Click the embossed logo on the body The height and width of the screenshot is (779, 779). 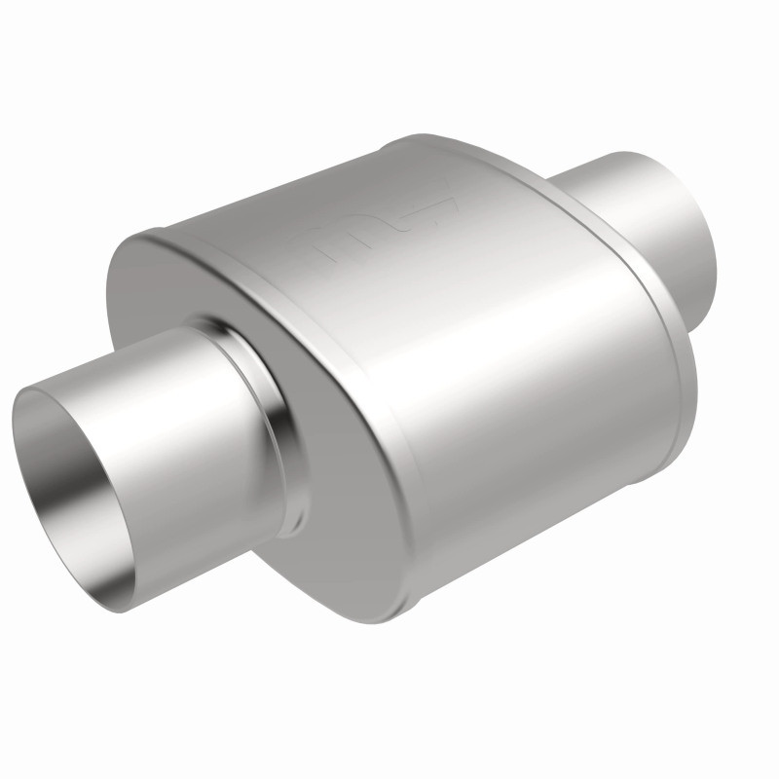[x=385, y=230]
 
